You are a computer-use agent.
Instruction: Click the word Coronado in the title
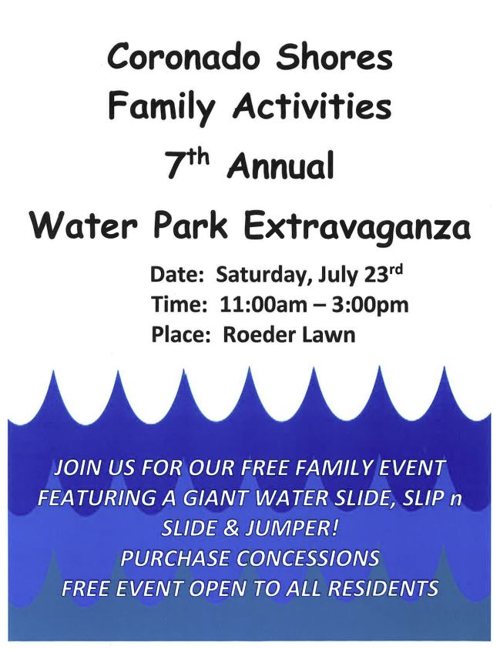click(x=183, y=57)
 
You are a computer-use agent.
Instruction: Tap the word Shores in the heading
click(x=334, y=57)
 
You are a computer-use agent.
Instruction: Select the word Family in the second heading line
click(x=162, y=108)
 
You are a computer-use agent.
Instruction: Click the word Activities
click(x=312, y=106)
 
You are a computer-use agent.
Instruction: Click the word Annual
click(x=280, y=166)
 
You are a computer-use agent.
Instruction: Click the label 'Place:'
click(x=179, y=335)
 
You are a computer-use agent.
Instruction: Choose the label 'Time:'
click(x=179, y=306)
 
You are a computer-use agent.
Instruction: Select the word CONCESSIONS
click(x=308, y=558)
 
